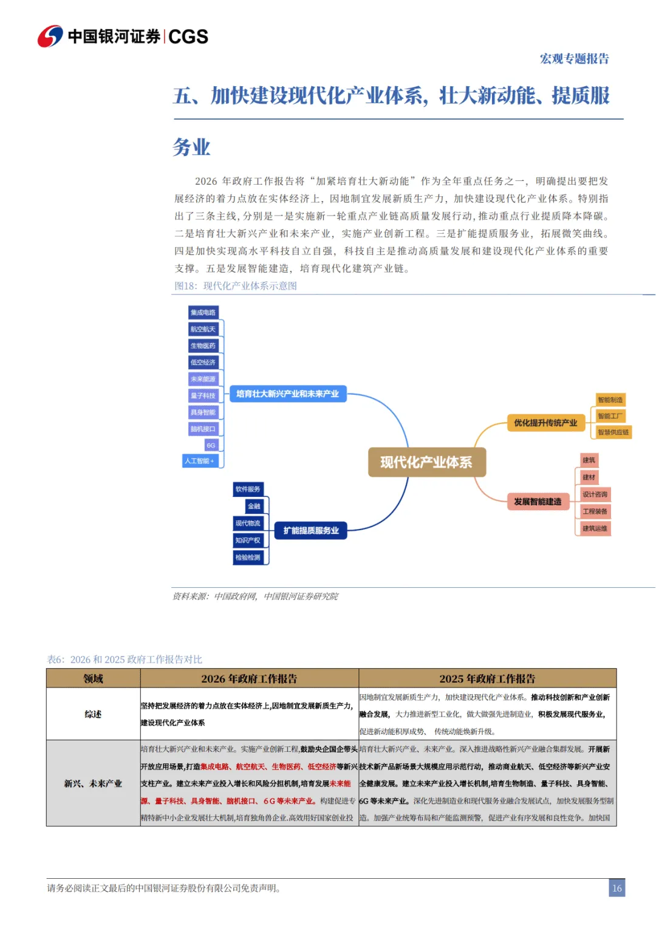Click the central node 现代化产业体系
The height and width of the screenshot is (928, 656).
point(426,462)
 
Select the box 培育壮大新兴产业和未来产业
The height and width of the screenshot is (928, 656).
point(287,394)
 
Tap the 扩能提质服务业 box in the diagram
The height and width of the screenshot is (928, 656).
point(311,530)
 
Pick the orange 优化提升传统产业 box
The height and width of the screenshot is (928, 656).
point(545,423)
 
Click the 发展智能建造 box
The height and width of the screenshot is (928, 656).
point(538,502)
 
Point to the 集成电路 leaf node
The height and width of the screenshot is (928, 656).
point(203,312)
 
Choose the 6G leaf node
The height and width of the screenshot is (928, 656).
point(211,445)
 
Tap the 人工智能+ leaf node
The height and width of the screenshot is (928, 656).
point(200,461)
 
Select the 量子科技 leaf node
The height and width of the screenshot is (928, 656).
point(203,395)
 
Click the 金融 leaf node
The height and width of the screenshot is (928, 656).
point(254,506)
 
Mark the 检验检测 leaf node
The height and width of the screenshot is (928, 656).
point(248,557)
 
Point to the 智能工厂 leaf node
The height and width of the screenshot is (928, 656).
point(609,416)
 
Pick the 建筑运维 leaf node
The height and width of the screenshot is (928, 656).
point(595,528)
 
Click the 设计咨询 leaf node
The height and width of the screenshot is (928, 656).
point(595,494)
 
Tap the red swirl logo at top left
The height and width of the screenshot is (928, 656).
point(50,36)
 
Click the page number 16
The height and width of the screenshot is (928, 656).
point(617,888)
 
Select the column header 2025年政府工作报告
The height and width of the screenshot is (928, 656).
point(487,678)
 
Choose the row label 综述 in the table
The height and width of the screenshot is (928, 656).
point(93,714)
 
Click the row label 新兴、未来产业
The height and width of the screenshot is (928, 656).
point(93,783)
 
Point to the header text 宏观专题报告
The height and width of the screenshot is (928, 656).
point(574,59)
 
